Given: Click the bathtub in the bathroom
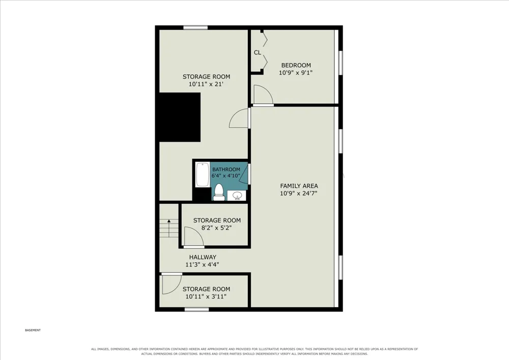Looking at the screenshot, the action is click(202, 175).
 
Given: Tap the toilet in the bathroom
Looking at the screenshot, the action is click(219, 192).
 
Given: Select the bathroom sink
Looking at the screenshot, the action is click(237, 196).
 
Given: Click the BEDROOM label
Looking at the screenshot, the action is click(296, 65).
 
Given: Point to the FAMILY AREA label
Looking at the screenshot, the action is click(299, 186).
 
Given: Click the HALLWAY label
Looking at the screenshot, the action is click(203, 257).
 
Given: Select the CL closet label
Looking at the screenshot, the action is click(258, 52).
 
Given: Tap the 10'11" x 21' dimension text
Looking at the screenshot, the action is click(206, 85).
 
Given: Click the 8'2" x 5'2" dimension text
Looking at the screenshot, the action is click(216, 228).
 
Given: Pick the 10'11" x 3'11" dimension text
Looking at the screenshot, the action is click(206, 297).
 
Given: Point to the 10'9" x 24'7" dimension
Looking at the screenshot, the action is click(299, 193).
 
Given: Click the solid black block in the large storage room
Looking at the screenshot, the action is click(180, 117).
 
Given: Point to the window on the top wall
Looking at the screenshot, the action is click(195, 27).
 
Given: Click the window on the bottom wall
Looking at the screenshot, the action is click(196, 310).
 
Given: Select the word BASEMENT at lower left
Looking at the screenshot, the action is click(33, 330).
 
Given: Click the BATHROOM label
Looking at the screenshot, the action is click(227, 170).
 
